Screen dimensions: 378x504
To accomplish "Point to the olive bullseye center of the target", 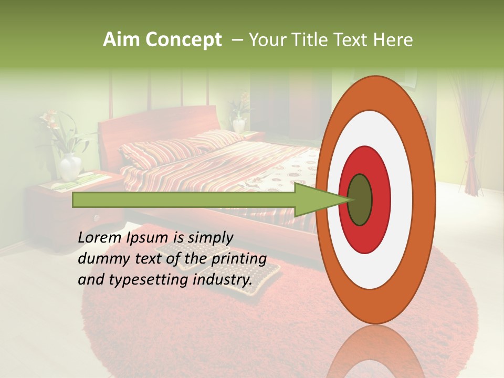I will click(360, 200).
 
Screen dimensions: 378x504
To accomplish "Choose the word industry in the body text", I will click(221, 280).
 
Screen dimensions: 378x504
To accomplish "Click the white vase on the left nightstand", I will click(70, 167).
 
